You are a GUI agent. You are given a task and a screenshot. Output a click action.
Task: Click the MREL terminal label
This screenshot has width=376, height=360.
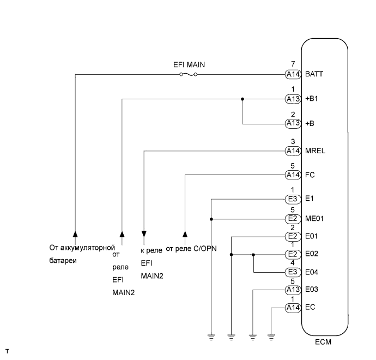pyautogui.click(x=315, y=151)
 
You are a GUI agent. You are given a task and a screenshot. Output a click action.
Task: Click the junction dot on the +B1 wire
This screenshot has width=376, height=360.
pyautogui.click(x=242, y=99)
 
